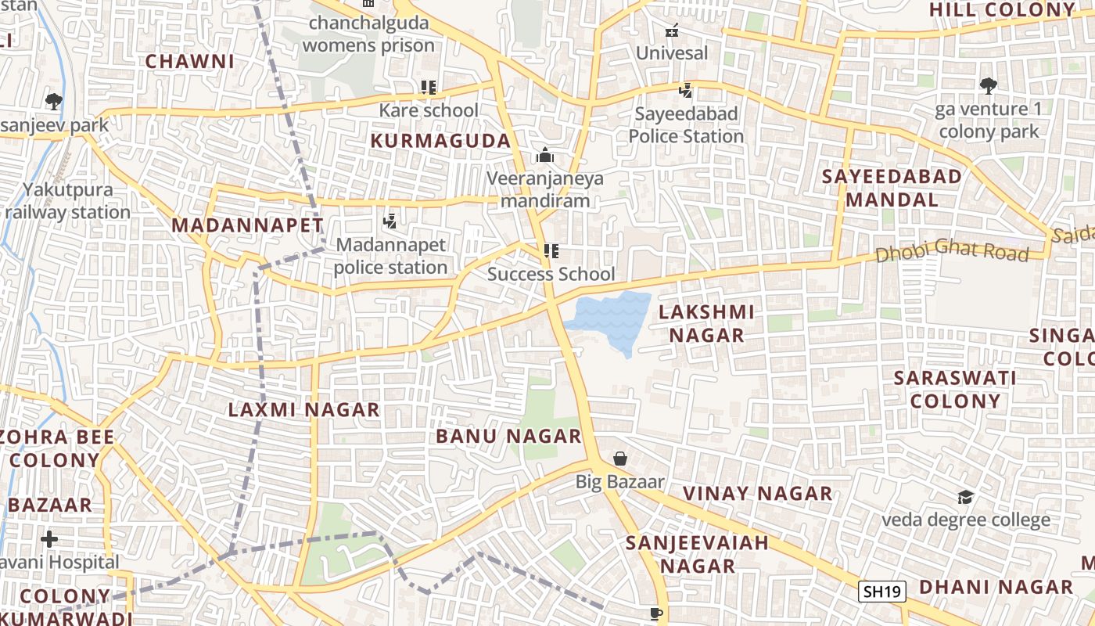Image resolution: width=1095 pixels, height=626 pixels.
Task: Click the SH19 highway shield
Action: click(881, 591)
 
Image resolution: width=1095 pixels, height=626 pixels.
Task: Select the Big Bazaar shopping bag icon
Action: click(620, 459)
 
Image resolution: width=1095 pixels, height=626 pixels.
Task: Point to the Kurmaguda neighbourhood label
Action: click(440, 142)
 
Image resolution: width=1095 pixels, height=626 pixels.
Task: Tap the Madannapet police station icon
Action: click(390, 222)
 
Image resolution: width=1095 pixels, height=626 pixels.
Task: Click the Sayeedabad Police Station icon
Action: click(686, 91)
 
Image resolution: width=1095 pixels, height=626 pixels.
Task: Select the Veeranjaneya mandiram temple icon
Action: click(545, 155)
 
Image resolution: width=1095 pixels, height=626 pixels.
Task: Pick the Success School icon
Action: click(551, 251)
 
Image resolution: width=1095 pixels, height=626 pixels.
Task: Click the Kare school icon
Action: click(428, 88)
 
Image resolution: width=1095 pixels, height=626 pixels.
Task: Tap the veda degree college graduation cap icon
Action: click(966, 497)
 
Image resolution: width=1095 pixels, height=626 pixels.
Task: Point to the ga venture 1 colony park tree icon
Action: click(989, 85)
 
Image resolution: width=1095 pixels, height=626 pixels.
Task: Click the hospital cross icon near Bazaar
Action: click(49, 539)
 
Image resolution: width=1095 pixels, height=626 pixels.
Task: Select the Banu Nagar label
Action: click(508, 436)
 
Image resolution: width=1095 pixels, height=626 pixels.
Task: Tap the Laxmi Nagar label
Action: click(303, 409)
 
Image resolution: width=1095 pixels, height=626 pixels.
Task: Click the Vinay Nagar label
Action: click(758, 494)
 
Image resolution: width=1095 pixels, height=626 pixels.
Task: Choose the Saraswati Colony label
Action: click(955, 389)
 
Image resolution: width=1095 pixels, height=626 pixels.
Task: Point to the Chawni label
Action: click(190, 61)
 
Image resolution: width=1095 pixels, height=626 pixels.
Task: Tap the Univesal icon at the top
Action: click(671, 31)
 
